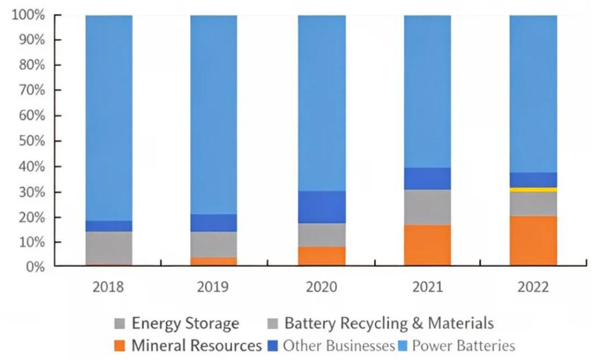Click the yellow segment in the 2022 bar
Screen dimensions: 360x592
point(533,190)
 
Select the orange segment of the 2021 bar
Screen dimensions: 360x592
point(427,245)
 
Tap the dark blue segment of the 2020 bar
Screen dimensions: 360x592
point(322,207)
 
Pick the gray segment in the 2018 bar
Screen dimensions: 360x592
point(109,248)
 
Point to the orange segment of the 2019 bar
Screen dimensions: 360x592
point(213,261)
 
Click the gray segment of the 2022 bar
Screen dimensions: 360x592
point(533,204)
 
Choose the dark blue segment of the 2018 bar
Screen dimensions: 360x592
point(109,226)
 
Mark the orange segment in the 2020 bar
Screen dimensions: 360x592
point(322,256)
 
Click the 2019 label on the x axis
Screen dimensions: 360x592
point(213,286)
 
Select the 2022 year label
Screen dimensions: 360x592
point(533,286)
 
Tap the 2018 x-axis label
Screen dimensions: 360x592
point(109,286)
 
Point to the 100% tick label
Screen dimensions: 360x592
point(28,15)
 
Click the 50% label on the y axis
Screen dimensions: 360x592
point(31,141)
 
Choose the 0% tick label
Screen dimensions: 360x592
point(34,267)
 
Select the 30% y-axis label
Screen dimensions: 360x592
point(31,192)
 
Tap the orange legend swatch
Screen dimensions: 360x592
point(121,345)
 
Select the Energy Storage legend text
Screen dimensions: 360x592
point(185,324)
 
